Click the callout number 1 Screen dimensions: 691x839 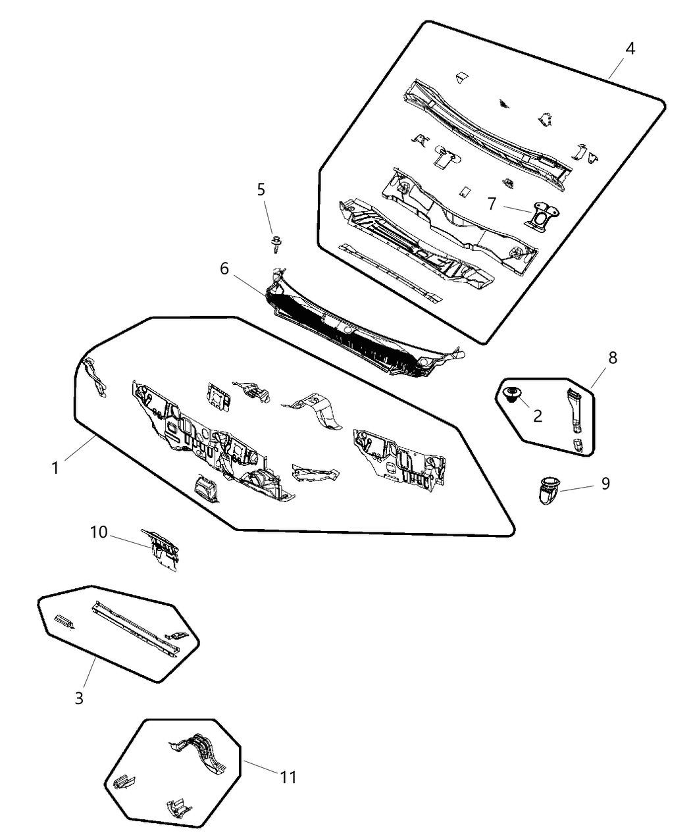coord(55,468)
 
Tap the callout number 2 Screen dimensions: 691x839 coord(538,416)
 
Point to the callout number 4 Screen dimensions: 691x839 coord(630,49)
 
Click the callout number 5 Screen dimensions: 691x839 coord(261,190)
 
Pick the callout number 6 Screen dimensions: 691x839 coord(224,268)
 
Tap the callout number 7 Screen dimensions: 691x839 coord(492,204)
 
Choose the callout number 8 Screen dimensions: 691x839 coord(613,357)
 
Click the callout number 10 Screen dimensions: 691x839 coord(99,532)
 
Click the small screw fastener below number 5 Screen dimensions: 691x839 coord(276,244)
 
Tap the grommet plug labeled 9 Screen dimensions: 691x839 coord(548,490)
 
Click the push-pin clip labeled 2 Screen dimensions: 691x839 coord(512,394)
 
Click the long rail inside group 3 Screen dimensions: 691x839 coord(136,629)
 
